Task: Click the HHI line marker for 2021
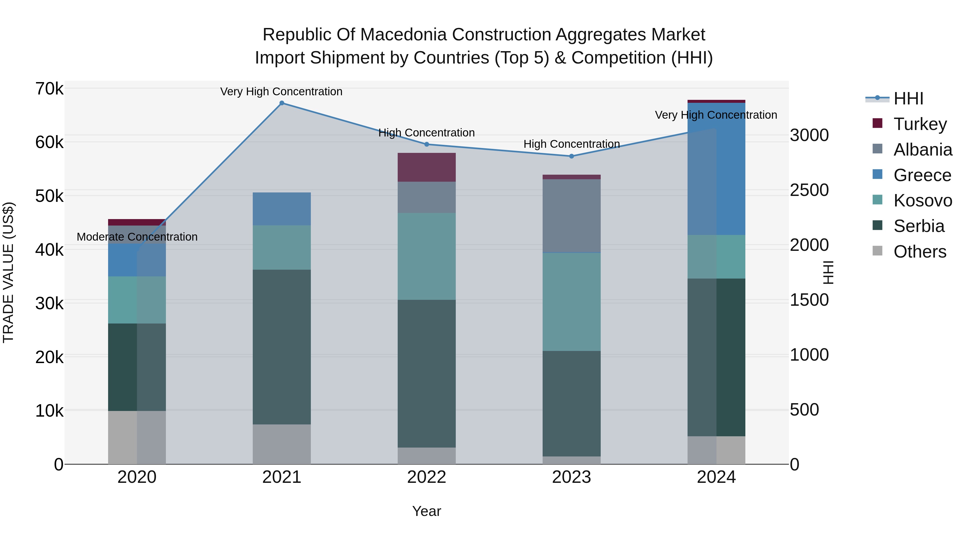point(282,103)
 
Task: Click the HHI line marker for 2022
point(426,145)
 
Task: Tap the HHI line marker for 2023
point(572,156)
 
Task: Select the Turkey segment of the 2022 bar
point(426,167)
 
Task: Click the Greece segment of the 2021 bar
point(282,209)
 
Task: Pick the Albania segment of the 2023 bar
point(572,216)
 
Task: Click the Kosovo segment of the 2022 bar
point(426,256)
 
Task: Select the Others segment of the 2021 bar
point(282,444)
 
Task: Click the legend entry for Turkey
point(920,124)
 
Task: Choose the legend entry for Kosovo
point(923,201)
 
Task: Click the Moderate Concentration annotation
point(137,237)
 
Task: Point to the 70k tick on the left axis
point(49,89)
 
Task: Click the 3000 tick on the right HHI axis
point(809,135)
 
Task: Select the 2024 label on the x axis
point(716,477)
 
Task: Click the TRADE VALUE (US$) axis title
point(8,272)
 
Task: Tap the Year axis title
point(426,511)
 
